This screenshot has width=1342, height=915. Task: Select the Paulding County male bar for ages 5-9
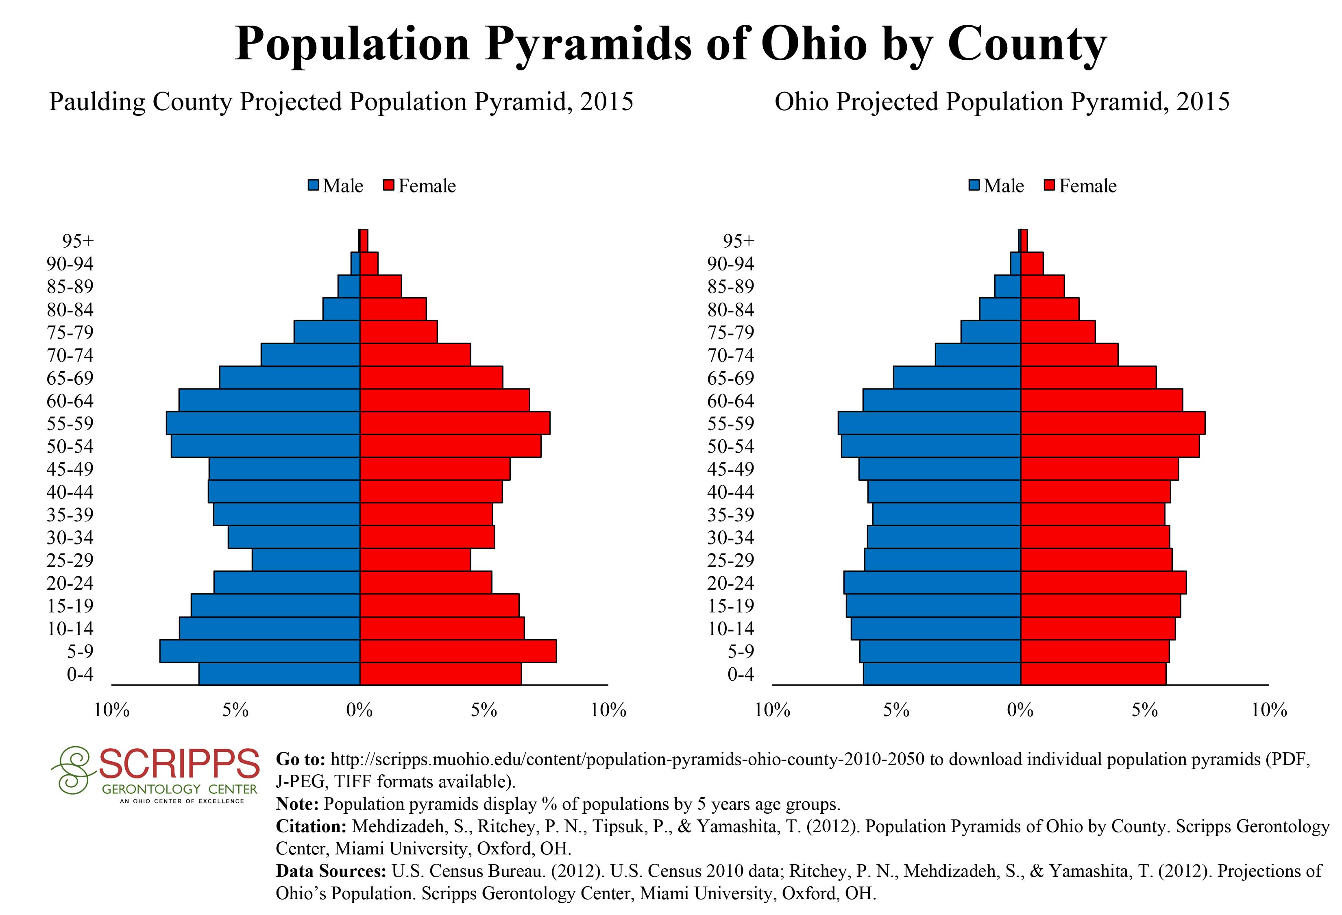point(260,651)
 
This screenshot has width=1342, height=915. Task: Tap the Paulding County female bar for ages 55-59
point(455,423)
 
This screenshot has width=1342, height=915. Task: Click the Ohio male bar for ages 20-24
point(932,582)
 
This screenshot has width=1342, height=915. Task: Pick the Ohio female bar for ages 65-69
point(1089,377)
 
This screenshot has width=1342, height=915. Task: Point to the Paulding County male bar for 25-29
point(306,560)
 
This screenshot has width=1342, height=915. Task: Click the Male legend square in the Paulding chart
point(314,185)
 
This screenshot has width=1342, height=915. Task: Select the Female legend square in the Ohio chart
point(1050,185)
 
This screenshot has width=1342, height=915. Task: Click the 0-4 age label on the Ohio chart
point(741,674)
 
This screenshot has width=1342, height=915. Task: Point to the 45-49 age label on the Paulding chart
point(70,469)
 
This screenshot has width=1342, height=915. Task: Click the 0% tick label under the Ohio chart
point(1020,710)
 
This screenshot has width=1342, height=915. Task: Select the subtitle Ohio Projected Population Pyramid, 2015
point(1002,102)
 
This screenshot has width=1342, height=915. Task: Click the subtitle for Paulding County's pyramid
point(341,102)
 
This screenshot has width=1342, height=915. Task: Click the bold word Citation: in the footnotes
point(311,826)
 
